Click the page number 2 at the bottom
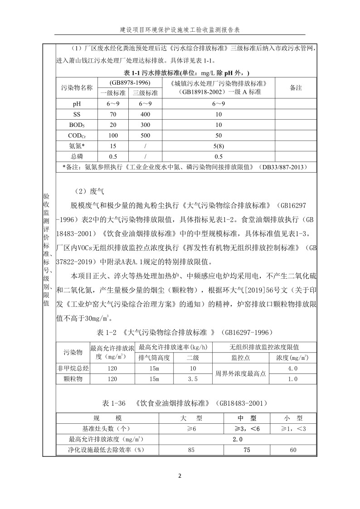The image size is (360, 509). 180,475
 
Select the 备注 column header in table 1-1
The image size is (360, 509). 296,88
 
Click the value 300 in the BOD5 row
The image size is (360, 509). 145,125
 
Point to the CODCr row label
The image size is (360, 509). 77,136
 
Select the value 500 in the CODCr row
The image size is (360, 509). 145,136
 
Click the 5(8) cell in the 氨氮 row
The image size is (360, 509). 218,146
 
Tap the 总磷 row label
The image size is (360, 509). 77,156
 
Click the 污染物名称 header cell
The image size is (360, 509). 77,88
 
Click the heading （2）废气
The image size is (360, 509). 89,191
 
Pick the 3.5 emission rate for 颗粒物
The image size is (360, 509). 193,379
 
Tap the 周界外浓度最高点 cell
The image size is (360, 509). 240,374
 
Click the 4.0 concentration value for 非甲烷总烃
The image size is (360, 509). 292,368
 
